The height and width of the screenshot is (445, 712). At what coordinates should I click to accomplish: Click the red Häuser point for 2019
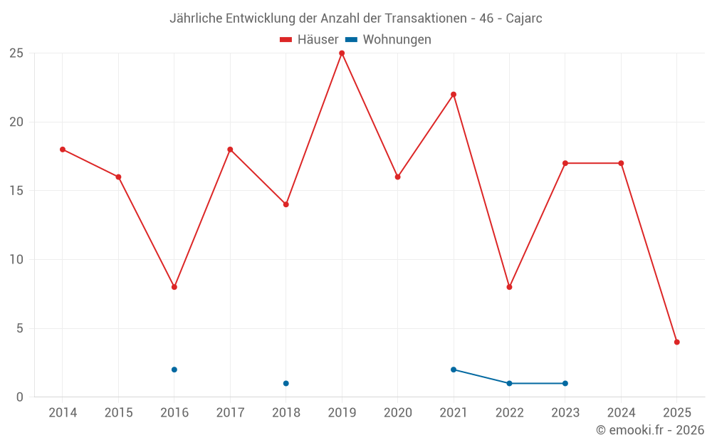[x=342, y=53]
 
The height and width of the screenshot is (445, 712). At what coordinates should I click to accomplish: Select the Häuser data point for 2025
[x=677, y=342]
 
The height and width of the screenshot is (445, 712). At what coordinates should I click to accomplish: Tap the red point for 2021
[x=454, y=95]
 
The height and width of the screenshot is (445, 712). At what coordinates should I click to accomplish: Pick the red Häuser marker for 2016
[x=174, y=287]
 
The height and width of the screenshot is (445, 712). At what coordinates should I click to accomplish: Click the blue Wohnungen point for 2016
[x=174, y=370]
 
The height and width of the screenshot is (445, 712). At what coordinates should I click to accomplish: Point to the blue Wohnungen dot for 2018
[x=286, y=383]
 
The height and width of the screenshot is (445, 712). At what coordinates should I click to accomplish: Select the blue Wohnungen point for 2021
[x=454, y=370]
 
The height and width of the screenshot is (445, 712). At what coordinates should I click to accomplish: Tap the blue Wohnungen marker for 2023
[x=565, y=383]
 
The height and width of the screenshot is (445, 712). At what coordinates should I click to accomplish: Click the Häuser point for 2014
[x=63, y=150]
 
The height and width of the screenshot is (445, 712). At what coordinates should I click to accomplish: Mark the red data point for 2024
[x=622, y=163]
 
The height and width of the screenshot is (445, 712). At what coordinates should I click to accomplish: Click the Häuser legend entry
[x=309, y=40]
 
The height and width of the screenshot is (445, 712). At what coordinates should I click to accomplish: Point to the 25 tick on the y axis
[x=16, y=53]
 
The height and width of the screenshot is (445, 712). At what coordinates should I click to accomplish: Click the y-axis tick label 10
[x=16, y=260]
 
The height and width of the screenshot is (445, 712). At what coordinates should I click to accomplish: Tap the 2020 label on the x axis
[x=398, y=413]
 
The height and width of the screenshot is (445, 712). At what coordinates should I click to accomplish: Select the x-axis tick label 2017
[x=230, y=413]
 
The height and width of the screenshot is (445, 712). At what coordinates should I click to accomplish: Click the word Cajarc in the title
[x=524, y=19]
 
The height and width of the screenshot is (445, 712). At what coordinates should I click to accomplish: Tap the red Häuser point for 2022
[x=509, y=287]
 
